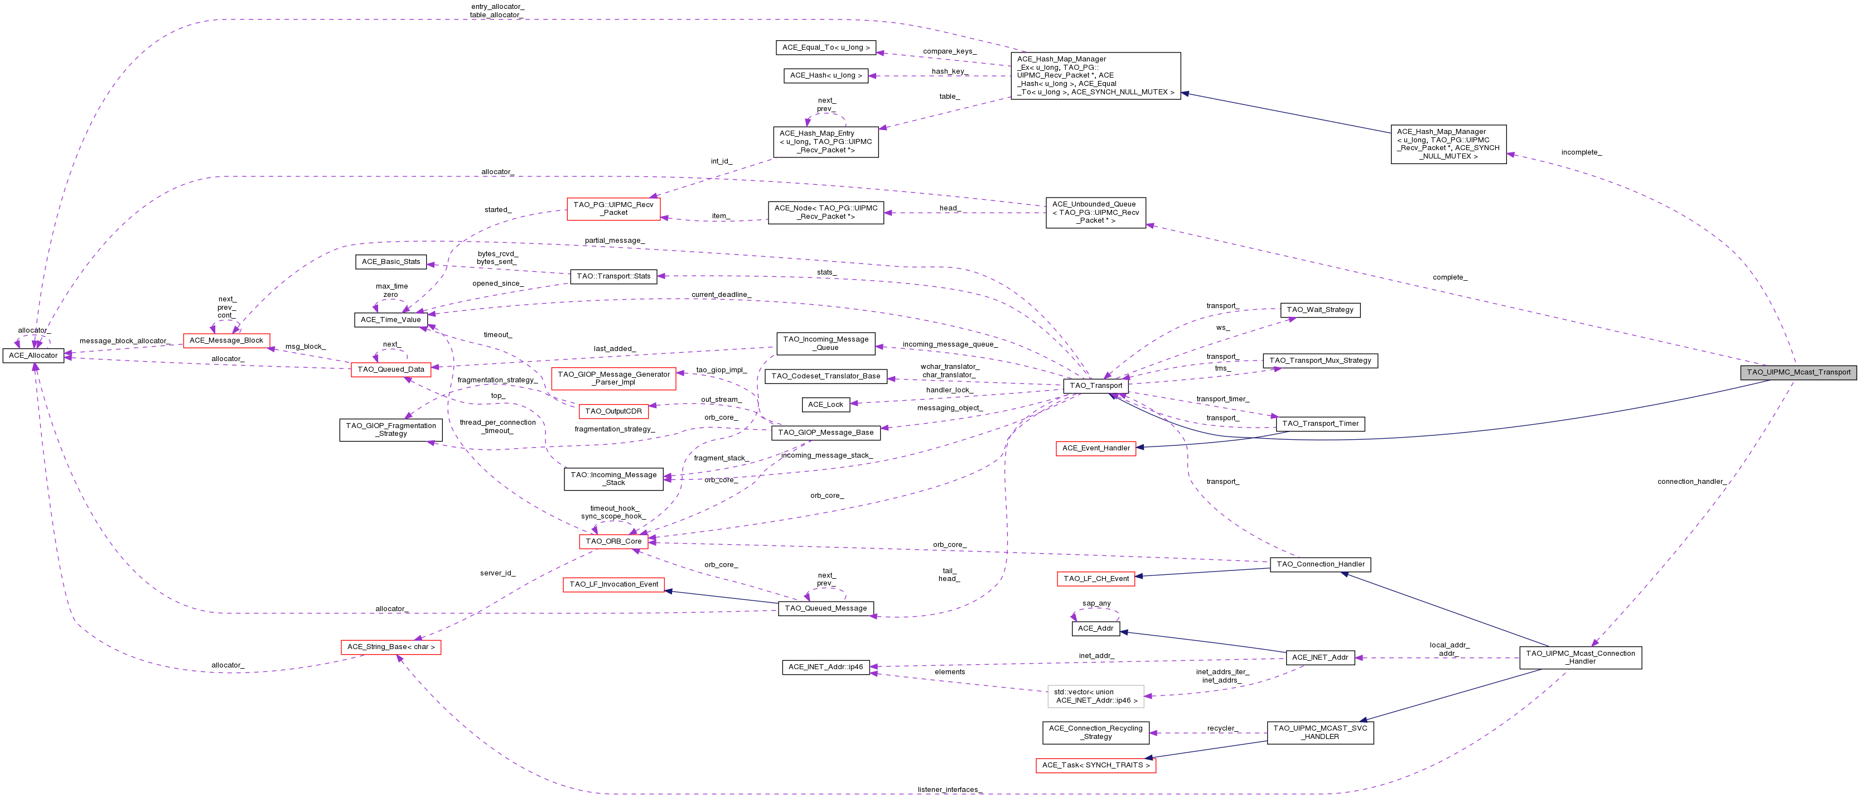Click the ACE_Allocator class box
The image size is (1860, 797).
point(33,356)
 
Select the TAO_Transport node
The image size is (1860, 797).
point(1095,386)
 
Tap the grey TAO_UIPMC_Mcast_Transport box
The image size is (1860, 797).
point(1798,372)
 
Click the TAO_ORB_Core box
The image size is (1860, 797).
point(613,541)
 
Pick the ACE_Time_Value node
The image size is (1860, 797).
point(390,319)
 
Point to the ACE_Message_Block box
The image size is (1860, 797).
point(226,340)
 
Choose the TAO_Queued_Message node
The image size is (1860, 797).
point(825,608)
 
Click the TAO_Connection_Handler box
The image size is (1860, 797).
point(1320,564)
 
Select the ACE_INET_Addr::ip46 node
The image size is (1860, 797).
point(825,667)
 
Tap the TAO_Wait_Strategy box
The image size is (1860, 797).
point(1320,310)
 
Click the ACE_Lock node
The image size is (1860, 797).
point(825,405)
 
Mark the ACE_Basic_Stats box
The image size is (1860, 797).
point(390,262)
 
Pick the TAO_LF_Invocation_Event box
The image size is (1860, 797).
point(613,584)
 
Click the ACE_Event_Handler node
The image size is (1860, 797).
point(1095,448)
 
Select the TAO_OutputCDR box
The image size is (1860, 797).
point(613,411)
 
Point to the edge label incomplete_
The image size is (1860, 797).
point(1581,152)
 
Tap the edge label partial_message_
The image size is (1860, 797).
point(613,241)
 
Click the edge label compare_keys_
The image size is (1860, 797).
point(949,51)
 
